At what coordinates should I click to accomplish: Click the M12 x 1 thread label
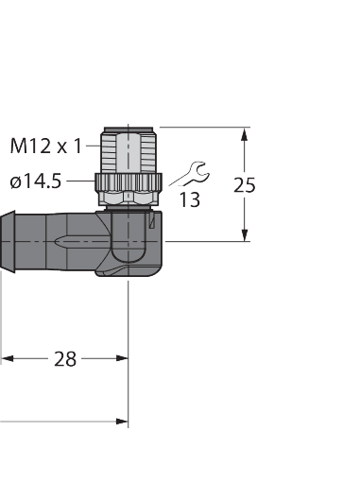[45, 146]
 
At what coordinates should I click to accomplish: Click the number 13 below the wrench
[189, 200]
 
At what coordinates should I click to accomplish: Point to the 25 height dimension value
[244, 185]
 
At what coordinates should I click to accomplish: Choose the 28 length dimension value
[64, 359]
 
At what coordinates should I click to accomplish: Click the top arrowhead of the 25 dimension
[245, 133]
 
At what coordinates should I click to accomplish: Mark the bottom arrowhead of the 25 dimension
[245, 236]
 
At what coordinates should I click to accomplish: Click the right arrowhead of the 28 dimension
[122, 359]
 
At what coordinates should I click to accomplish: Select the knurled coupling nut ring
[128, 181]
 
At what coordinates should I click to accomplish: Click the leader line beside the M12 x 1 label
[93, 146]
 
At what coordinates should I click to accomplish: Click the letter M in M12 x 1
[18, 146]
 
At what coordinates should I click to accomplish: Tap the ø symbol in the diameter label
[15, 182]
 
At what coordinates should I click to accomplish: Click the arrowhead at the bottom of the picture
[122, 421]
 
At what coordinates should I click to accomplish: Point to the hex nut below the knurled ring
[128, 198]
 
